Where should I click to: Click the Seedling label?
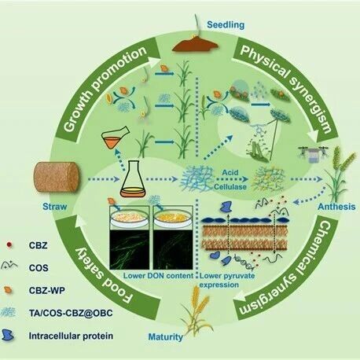click(226, 25)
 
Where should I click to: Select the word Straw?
click(55, 207)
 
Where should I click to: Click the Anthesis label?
click(336, 207)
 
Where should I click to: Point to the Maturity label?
click(165, 336)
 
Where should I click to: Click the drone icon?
click(314, 154)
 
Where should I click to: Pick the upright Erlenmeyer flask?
click(133, 179)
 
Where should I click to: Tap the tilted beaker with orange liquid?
click(115, 138)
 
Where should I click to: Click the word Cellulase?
click(230, 186)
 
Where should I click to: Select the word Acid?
click(230, 172)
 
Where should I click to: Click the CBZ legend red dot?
click(9, 245)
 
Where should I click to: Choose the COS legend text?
click(39, 268)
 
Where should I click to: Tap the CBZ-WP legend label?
click(47, 290)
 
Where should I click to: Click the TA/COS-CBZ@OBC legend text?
click(71, 313)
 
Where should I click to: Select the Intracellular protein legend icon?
click(8, 336)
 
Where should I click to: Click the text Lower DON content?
click(158, 276)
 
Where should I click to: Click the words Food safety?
click(105, 274)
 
